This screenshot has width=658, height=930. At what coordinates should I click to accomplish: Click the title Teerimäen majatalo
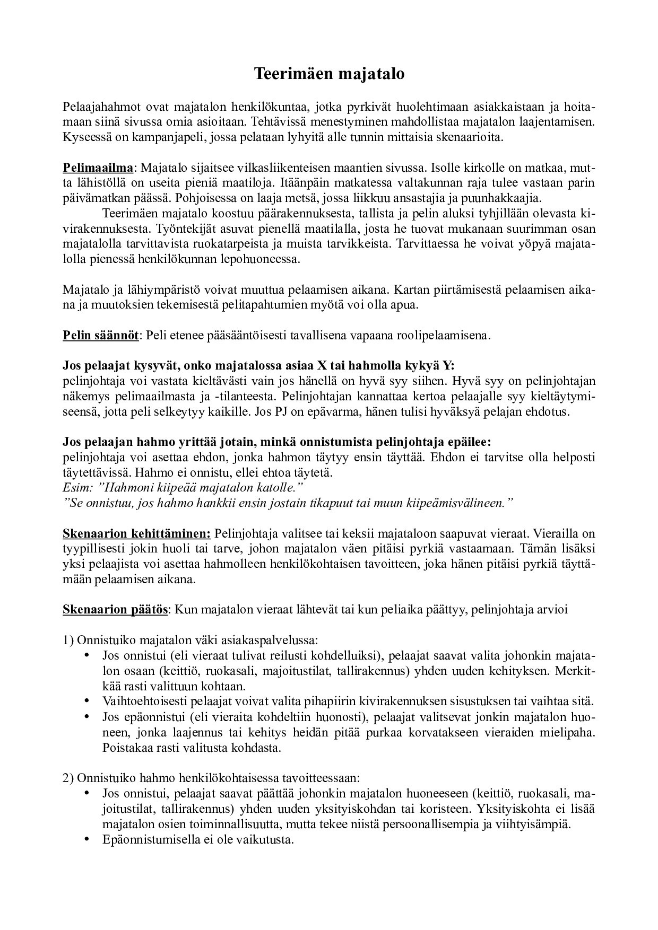pos(328,74)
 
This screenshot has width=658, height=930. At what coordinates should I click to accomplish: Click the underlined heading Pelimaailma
pos(98,168)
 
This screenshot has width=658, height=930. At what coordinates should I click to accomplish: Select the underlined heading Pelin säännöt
pos(101,336)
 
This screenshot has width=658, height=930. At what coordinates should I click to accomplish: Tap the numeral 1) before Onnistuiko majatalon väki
pos(68,641)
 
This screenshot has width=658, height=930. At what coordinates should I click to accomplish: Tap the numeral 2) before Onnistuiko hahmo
pos(68,778)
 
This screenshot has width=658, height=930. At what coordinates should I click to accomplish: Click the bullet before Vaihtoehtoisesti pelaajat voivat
pos(86,702)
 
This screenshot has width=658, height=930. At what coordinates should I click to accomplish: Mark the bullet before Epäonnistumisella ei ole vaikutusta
pos(86,840)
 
